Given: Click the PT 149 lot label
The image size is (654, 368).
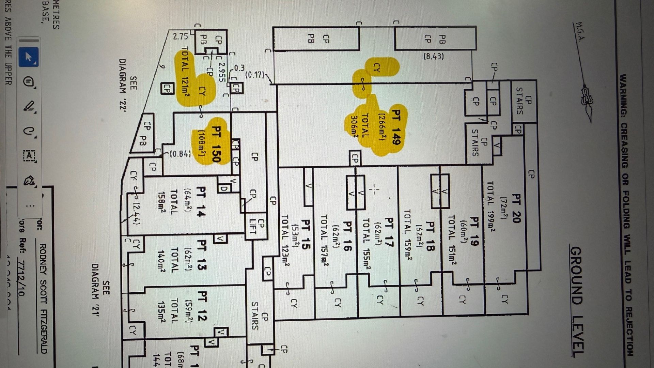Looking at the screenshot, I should tap(396, 127).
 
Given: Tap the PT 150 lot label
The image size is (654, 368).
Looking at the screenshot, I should tap(217, 143).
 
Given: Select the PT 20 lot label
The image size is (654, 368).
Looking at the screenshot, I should tap(516, 208).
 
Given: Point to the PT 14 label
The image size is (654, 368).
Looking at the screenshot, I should tap(201, 201).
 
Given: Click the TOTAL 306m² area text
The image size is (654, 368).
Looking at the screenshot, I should tap(359, 126).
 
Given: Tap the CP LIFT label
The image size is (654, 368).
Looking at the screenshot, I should tap(256, 227).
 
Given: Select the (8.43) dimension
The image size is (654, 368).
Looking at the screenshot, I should tap(434, 56).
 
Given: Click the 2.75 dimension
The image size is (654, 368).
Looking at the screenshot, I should tap(180, 36).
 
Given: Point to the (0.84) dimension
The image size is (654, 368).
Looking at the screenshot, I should tap(180, 154).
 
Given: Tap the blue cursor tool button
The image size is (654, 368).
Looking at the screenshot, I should tap(28, 57).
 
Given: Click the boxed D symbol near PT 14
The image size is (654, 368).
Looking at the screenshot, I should tap(224, 188).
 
